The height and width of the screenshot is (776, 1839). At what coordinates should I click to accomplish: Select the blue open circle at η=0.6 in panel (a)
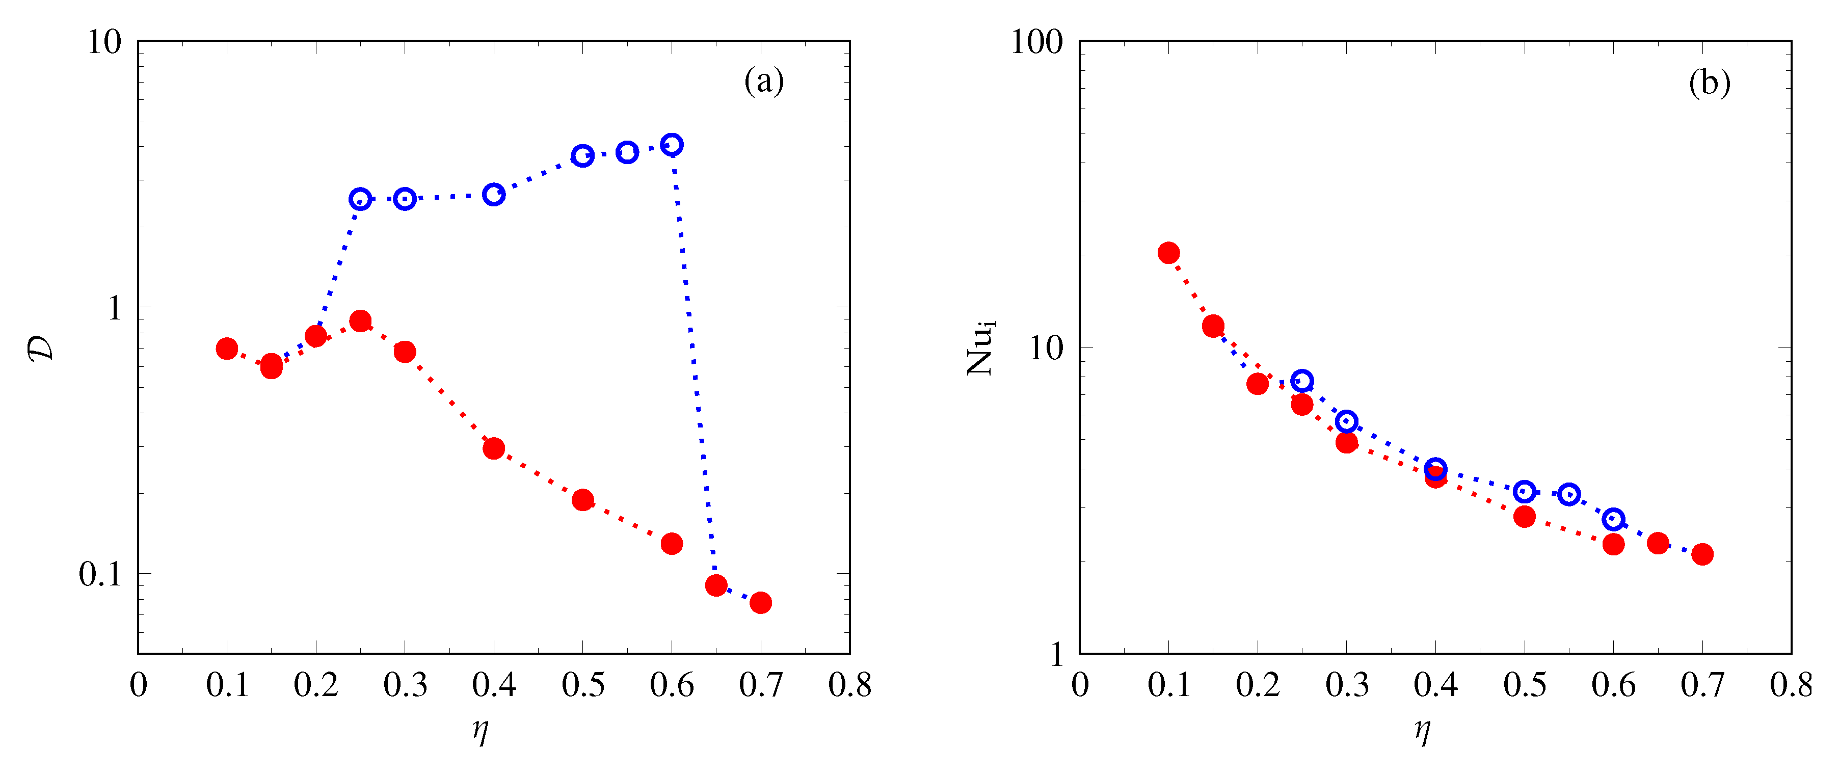click(672, 145)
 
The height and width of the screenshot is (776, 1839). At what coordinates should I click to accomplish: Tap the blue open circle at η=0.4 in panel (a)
click(493, 194)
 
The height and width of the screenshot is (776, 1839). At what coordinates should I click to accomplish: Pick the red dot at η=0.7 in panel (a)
click(760, 603)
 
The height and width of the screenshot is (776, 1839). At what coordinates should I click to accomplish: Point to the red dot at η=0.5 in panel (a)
click(582, 500)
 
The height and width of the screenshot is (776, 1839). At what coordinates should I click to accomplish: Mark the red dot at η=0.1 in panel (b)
click(1168, 253)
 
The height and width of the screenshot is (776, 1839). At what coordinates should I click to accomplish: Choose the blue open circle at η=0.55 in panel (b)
click(1568, 494)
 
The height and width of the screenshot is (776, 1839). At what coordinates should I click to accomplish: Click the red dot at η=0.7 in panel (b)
click(1702, 554)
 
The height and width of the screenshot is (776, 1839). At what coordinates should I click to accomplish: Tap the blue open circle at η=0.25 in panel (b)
click(1302, 381)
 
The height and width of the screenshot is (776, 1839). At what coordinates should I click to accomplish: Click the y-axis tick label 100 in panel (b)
click(1036, 42)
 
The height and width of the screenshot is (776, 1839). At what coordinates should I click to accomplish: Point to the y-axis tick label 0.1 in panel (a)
click(100, 574)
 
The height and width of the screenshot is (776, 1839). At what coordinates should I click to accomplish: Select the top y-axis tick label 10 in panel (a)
click(104, 42)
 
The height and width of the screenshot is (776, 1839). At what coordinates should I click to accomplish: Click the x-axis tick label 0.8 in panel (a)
click(849, 685)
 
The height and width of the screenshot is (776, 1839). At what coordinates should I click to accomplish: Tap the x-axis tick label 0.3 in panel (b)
click(1346, 685)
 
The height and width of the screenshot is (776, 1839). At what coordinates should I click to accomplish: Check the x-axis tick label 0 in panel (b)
click(1080, 685)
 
